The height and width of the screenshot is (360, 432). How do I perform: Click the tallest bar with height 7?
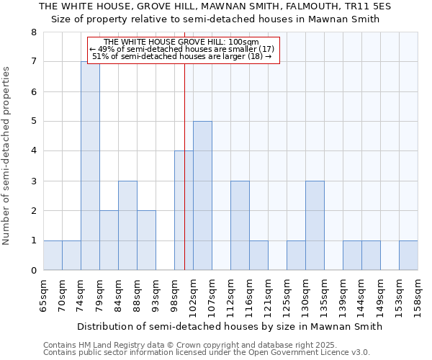(90, 166)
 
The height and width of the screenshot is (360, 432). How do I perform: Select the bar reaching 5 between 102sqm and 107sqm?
(202, 196)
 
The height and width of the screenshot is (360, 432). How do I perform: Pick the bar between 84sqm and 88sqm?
(127, 225)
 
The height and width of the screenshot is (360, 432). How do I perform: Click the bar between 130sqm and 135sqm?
(315, 225)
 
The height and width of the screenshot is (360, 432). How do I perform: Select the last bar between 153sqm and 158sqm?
(408, 256)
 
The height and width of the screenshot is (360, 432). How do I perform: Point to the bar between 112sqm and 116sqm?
(240, 225)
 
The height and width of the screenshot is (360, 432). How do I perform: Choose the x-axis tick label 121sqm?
(269, 295)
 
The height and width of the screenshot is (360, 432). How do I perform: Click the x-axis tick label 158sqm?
(418, 295)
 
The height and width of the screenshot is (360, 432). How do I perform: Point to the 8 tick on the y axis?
(33, 32)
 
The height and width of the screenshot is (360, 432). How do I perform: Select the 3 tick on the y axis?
(33, 181)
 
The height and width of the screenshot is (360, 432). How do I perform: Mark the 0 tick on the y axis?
(33, 271)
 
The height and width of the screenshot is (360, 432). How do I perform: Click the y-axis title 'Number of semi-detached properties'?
(7, 156)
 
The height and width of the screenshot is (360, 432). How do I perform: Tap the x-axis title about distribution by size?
(230, 326)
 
